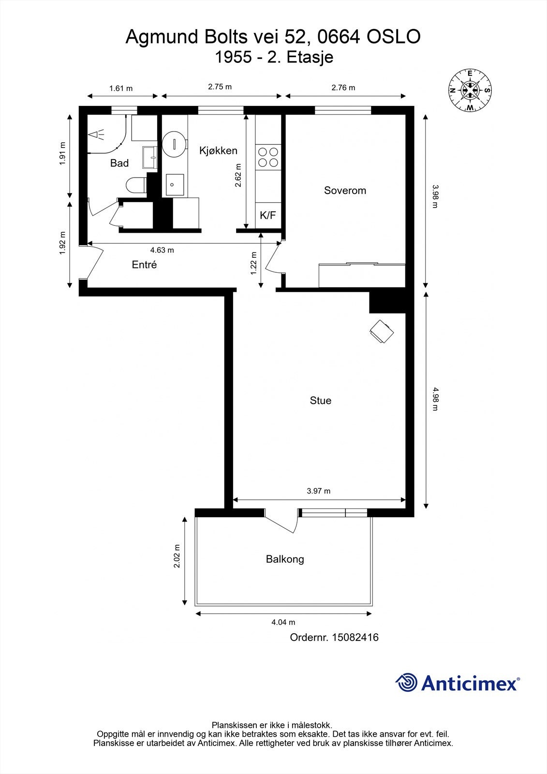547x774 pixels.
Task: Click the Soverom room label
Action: tap(345, 191)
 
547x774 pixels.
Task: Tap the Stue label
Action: tap(320, 401)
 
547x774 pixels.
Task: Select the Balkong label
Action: tap(285, 559)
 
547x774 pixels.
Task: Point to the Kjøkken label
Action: tap(218, 150)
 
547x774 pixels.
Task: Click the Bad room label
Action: tap(119, 163)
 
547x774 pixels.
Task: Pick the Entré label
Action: tap(144, 265)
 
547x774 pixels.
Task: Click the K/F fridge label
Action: tap(268, 215)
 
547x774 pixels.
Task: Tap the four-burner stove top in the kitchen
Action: tap(268, 157)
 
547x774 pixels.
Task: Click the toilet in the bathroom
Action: tap(136, 185)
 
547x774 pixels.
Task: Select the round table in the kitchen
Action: tap(175, 144)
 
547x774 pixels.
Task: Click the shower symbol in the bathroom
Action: tap(96, 134)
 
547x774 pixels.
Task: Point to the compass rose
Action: tap(470, 90)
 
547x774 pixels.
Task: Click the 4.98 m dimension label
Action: tap(435, 399)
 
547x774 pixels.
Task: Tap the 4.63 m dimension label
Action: tap(162, 250)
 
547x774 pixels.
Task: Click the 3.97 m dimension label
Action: tap(319, 491)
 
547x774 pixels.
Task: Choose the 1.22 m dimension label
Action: tap(254, 263)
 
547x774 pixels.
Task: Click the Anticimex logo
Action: tap(458, 683)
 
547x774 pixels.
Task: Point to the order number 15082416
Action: tap(355, 637)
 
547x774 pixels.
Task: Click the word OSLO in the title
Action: tap(394, 37)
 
